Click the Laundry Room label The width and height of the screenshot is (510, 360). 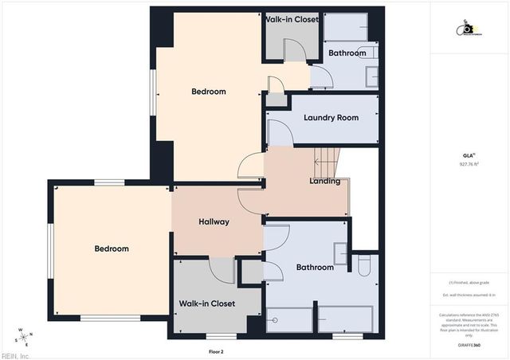click(331, 118)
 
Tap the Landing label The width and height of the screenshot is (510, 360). click(324, 182)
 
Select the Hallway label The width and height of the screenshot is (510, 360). click(214, 222)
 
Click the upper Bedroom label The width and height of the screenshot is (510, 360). click(209, 92)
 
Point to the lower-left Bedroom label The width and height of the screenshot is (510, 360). click(112, 248)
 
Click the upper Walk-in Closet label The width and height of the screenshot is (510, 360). click(292, 19)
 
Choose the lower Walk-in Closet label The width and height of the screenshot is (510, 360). click(206, 303)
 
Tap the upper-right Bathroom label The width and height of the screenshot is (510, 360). click(347, 53)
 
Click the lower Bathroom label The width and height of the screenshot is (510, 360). click(315, 268)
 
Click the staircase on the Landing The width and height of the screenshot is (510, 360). click(328, 163)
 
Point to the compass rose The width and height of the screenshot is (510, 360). click(23, 336)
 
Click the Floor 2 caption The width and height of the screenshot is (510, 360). click(216, 351)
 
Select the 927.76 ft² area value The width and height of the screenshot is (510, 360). click(469, 165)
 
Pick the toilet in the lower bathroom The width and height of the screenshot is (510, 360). click(364, 264)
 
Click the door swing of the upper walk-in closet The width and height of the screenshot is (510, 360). click(296, 49)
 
